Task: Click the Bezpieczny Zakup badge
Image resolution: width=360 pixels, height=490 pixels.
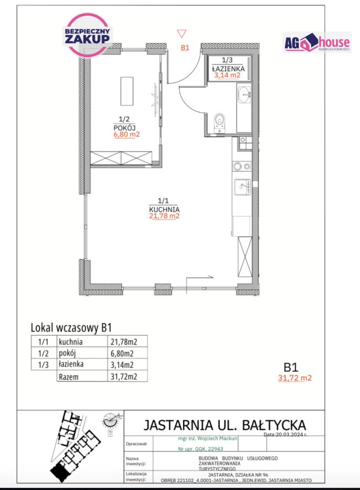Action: click(x=86, y=34)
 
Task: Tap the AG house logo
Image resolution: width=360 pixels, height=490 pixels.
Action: click(x=317, y=43)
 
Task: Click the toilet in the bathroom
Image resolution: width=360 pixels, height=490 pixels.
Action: click(x=220, y=120)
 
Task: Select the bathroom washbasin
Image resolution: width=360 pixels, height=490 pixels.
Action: click(x=245, y=93)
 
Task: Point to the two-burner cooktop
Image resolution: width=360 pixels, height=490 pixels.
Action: click(x=241, y=166)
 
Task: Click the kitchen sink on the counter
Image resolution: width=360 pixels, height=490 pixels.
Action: click(x=242, y=187)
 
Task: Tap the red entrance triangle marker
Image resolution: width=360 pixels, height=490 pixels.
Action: click(x=182, y=34)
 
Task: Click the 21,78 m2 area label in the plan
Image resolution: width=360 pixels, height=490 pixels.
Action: click(x=164, y=216)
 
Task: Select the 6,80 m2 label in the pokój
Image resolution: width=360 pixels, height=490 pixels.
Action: click(x=126, y=135)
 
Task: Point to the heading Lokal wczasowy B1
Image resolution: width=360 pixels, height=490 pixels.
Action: click(x=71, y=328)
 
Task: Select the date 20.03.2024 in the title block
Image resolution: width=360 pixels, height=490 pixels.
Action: click(x=292, y=435)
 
